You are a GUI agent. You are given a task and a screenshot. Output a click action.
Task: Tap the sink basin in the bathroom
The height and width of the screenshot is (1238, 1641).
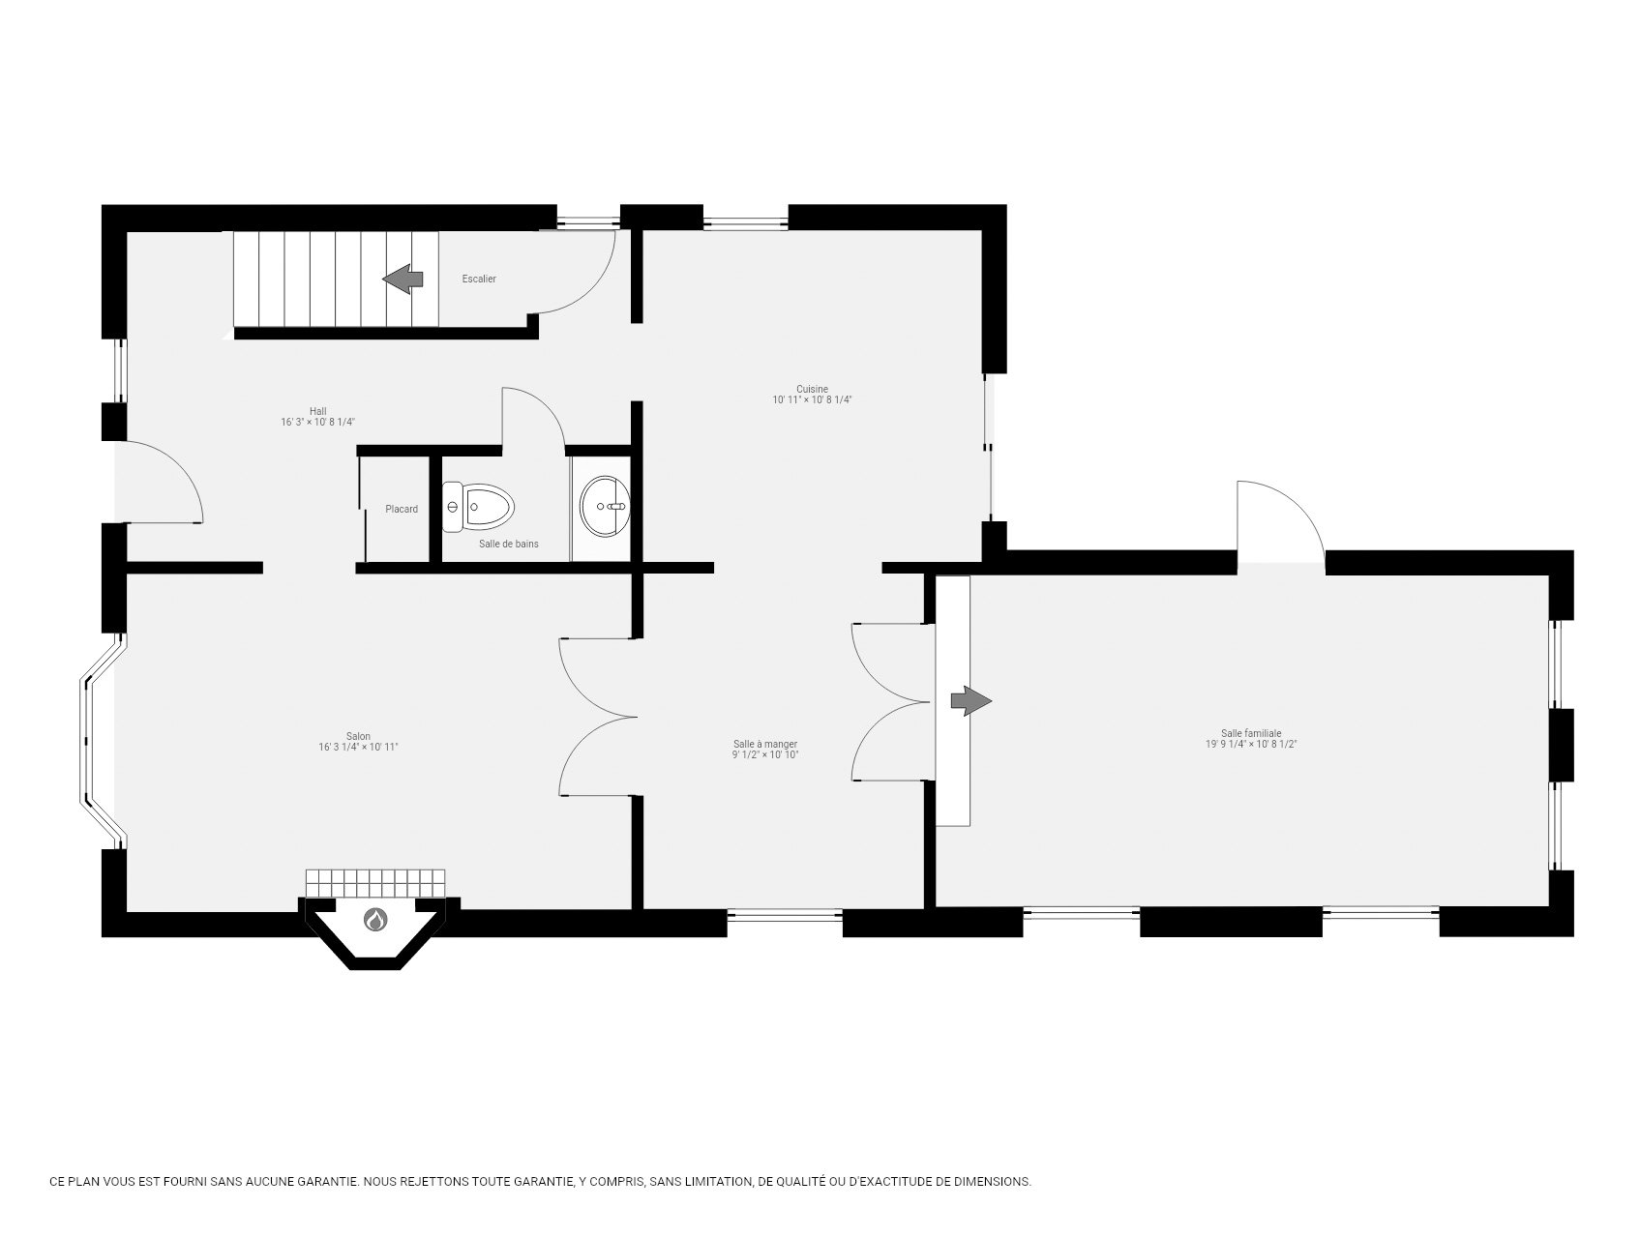[x=605, y=505]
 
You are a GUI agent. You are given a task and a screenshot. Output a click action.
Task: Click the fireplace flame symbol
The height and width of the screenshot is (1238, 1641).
[x=375, y=920]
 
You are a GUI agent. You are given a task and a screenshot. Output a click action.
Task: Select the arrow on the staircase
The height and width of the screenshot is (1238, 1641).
[x=403, y=280]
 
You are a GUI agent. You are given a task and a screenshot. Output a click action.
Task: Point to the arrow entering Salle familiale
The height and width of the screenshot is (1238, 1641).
[x=971, y=701]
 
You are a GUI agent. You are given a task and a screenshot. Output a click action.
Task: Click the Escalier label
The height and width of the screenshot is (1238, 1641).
[x=479, y=280]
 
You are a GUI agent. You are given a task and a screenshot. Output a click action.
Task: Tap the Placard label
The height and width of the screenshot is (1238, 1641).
[x=402, y=510]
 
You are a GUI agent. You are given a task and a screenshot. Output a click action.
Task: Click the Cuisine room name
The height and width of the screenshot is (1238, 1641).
[x=812, y=389]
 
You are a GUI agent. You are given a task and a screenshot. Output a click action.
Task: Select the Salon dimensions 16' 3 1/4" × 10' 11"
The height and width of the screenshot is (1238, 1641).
[x=358, y=748]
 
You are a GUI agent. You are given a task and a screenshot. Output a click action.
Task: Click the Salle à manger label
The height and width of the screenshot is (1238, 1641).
[x=765, y=744]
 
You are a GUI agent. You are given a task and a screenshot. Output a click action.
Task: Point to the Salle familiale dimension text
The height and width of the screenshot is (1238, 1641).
[x=1251, y=745]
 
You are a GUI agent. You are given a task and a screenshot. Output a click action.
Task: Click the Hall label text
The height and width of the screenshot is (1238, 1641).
[x=318, y=411]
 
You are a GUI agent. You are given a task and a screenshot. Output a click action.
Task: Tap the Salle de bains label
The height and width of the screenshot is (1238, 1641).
[x=509, y=545]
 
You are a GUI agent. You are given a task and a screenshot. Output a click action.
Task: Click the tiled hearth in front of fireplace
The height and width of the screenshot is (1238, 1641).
[x=375, y=883]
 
